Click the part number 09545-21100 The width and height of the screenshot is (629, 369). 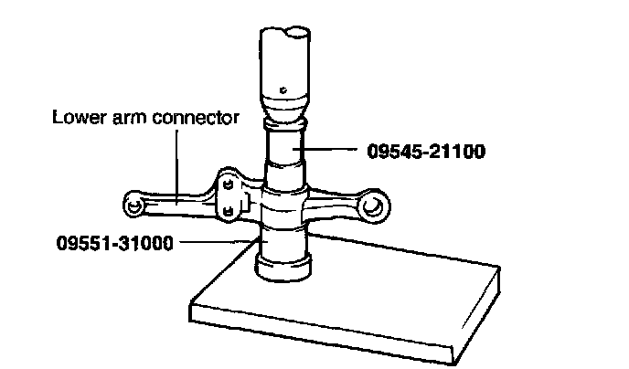click(x=426, y=151)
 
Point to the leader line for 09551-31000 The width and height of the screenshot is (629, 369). click(x=215, y=242)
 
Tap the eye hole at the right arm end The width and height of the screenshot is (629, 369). click(x=372, y=208)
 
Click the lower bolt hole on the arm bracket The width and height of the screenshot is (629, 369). click(x=226, y=211)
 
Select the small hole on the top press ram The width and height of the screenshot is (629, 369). click(x=285, y=89)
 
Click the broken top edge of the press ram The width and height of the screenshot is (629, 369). click(x=285, y=33)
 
